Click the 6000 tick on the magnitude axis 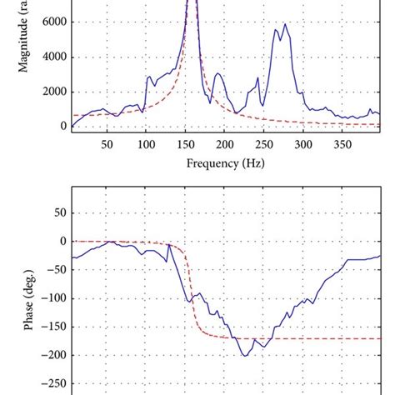pos(51,23)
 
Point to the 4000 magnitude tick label pos(51,57)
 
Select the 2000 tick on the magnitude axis pos(51,92)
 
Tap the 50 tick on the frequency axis pos(107,144)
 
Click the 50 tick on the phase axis pos(55,212)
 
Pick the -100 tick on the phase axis pos(51,298)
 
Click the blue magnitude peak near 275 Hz pos(285,24)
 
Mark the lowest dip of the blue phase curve pos(245,356)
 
